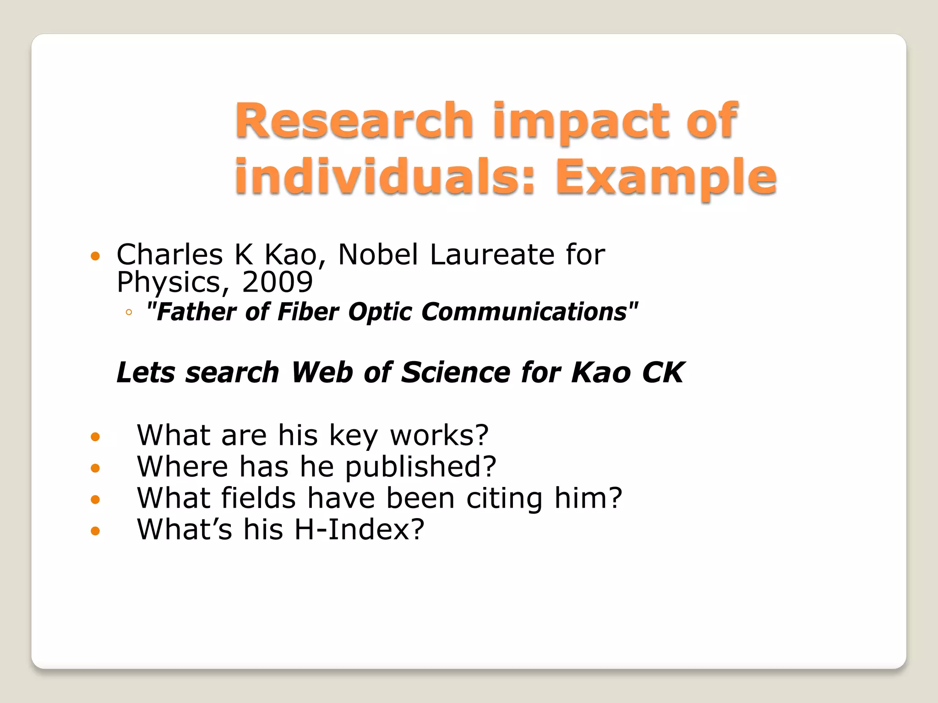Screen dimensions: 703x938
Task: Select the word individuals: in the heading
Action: tap(385, 176)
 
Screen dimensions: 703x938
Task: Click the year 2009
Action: tap(277, 282)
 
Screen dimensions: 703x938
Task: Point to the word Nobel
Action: tap(378, 254)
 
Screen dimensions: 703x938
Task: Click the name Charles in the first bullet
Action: tap(170, 254)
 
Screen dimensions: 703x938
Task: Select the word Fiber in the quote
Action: tap(308, 312)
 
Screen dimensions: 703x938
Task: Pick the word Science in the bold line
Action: tap(455, 372)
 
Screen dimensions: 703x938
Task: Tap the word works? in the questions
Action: tap(439, 435)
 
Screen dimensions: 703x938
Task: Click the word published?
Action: tap(420, 467)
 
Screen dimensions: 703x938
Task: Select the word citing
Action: tap(504, 498)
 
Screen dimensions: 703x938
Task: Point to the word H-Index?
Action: tap(359, 530)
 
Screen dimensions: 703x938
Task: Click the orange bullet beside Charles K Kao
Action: tap(95, 256)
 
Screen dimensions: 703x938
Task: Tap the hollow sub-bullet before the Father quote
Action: tap(129, 313)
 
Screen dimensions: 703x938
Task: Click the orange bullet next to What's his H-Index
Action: tap(95, 531)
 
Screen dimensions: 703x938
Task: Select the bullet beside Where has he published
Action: tap(95, 468)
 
